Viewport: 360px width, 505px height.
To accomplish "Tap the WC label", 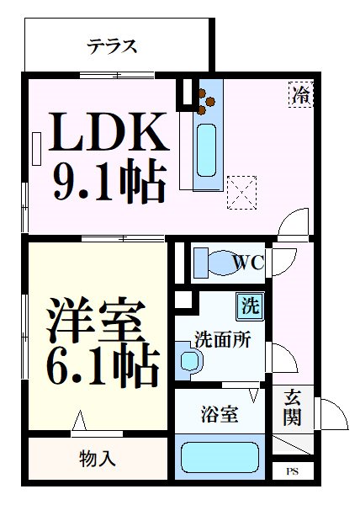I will (x=248, y=263).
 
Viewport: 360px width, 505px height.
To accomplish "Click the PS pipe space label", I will (x=292, y=471).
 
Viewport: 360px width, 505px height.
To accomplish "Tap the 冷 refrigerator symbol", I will (x=300, y=94).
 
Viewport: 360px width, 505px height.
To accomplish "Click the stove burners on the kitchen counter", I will (x=206, y=98).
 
